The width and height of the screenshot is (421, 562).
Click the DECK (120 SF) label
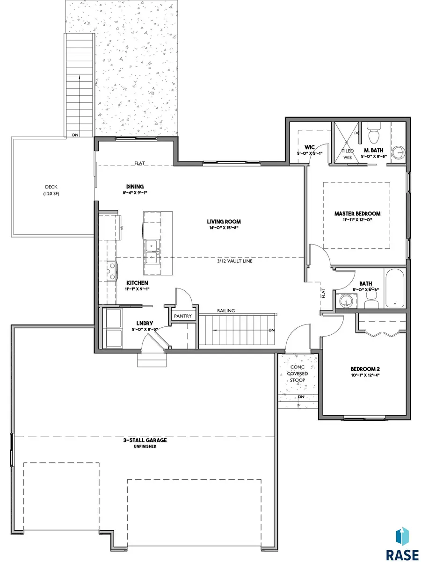coord(51,190)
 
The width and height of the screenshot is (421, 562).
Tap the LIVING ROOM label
coord(224,222)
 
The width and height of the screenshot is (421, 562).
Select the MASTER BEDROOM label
coord(357,214)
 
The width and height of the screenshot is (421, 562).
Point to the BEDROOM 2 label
coord(365,369)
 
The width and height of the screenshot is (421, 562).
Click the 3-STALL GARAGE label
coord(145,440)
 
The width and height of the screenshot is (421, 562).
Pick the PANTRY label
coord(182,316)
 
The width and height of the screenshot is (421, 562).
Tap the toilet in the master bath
coord(374,132)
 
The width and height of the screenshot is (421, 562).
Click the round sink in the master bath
coord(399,153)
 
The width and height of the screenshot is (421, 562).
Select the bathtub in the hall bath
coord(395,288)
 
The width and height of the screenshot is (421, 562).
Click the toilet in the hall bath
coord(371,300)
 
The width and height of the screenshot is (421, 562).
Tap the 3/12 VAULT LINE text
coord(234,261)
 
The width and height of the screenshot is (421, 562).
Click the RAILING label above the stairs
coord(226,310)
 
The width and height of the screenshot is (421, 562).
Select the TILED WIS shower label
coord(348,154)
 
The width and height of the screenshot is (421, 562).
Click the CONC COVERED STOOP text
coord(298,374)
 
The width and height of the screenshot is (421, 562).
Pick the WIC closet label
coord(309,147)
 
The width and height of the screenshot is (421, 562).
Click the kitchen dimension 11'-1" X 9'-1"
coord(137,289)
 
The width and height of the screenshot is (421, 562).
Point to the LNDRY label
coord(145,323)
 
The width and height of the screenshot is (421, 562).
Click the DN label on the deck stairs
coord(75,135)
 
